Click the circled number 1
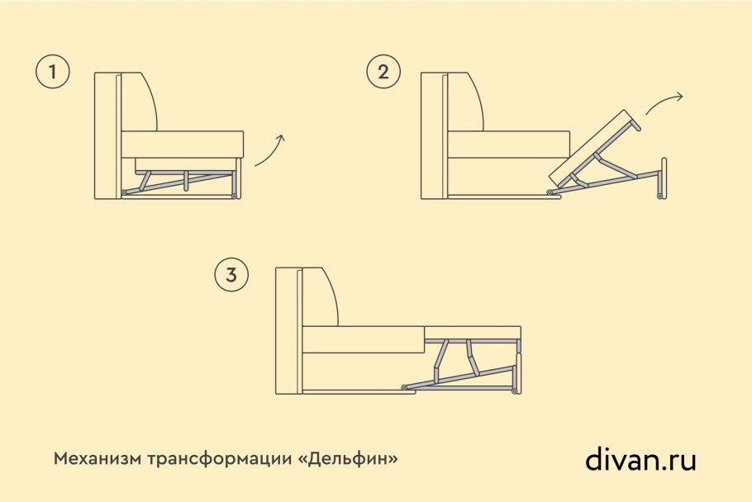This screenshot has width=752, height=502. tap(53, 73)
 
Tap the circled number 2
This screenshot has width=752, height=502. tap(383, 73)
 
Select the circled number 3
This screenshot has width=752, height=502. tap(231, 275)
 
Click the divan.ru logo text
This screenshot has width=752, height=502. tap(640, 458)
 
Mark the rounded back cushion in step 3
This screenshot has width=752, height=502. tap(320, 297)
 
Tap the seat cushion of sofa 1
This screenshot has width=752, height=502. tap(183, 143)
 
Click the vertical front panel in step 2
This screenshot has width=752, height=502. tap(661, 178)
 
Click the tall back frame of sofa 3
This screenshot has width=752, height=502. tap(288, 330)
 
